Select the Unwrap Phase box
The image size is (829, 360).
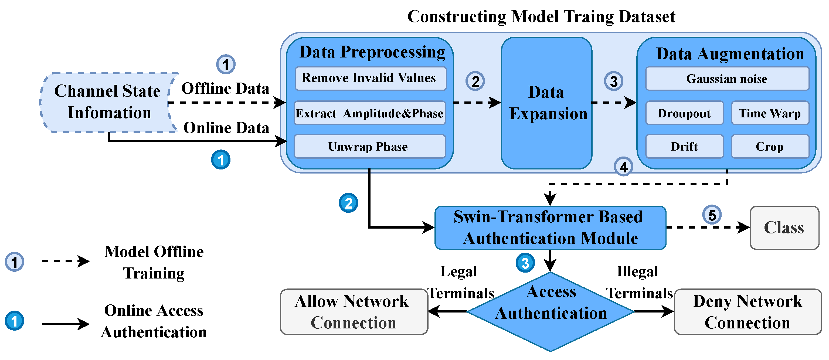[370, 147]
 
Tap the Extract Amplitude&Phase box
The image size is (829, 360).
[370, 113]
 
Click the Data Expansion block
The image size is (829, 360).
[546, 103]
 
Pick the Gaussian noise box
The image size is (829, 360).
[727, 79]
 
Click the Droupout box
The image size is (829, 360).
[684, 113]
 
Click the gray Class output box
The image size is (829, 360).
[784, 228]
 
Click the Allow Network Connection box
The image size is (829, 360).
[354, 312]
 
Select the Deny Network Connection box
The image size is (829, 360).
[748, 312]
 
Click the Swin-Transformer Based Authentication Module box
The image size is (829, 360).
[550, 228]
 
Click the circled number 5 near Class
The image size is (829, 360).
[712, 215]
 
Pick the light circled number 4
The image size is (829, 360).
[623, 167]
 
